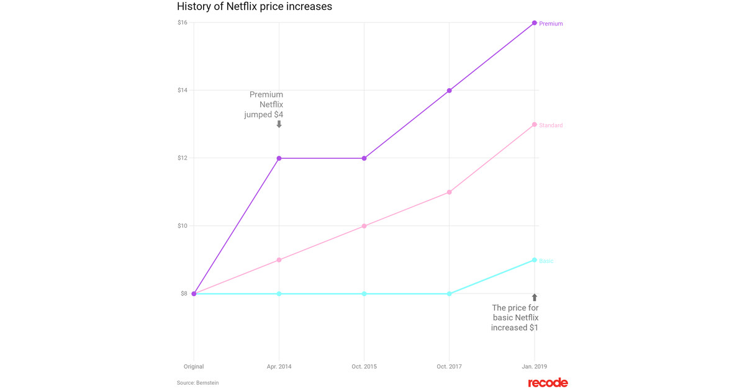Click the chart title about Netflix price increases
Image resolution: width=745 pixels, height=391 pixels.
click(255, 7)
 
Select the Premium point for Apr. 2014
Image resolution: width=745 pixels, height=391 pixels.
click(279, 158)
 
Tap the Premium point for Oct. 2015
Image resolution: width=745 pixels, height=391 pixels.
click(364, 158)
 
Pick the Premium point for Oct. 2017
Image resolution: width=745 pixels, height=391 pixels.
click(449, 91)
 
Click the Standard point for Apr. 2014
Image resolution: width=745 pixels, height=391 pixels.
click(279, 260)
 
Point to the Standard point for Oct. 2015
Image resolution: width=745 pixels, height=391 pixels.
click(364, 226)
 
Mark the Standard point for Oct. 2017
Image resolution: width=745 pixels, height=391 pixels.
click(449, 192)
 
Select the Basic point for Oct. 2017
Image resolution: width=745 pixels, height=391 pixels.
click(449, 294)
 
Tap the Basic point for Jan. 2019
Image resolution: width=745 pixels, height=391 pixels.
click(535, 260)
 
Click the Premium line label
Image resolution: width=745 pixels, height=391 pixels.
click(551, 24)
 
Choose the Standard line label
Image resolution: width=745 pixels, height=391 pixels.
click(551, 125)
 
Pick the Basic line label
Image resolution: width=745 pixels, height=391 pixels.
click(546, 261)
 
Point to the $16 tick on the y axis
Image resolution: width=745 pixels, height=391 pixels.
click(183, 23)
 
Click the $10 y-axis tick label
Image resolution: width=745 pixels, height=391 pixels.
click(183, 226)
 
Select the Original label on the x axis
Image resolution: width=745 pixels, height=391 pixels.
click(194, 367)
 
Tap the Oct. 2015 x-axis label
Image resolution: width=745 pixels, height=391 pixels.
click(364, 367)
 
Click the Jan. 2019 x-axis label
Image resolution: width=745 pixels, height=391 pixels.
click(534, 367)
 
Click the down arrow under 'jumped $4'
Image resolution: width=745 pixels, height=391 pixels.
click(279, 124)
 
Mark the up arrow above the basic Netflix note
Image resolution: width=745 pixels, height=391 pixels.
click(535, 298)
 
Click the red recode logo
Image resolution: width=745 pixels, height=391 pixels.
click(548, 382)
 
